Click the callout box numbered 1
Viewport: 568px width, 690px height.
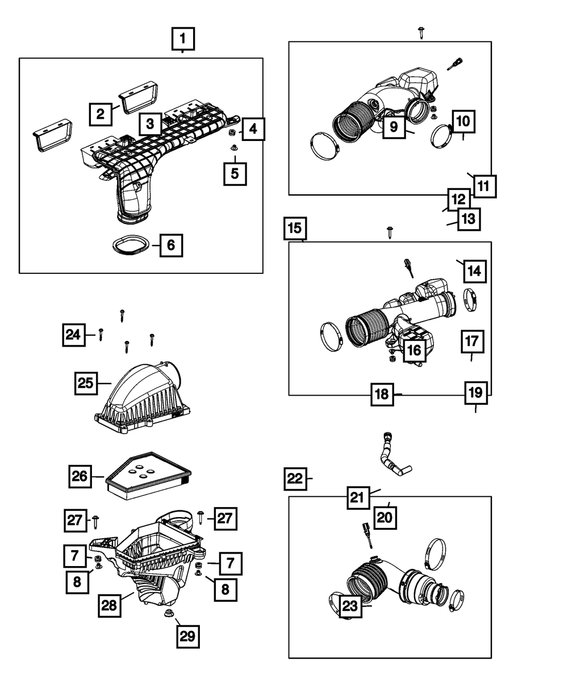point(183,39)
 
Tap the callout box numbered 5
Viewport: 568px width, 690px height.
point(235,173)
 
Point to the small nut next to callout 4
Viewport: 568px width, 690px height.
point(232,132)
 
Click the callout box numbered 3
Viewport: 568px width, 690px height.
point(151,124)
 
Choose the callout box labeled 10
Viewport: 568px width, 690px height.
point(463,122)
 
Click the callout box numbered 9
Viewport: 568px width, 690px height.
point(394,127)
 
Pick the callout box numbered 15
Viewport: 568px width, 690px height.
point(295,228)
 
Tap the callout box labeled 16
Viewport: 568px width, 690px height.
point(415,350)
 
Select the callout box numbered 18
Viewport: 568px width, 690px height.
point(382,394)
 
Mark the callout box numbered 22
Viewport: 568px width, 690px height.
point(295,479)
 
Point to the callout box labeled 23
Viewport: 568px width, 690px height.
point(350,606)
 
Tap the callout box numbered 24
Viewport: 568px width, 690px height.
point(74,335)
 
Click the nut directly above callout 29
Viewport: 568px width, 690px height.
point(169,613)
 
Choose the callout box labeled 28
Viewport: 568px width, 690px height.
point(109,605)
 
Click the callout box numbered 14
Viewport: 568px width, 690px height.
point(474,271)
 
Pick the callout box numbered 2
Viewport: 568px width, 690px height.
point(101,114)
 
